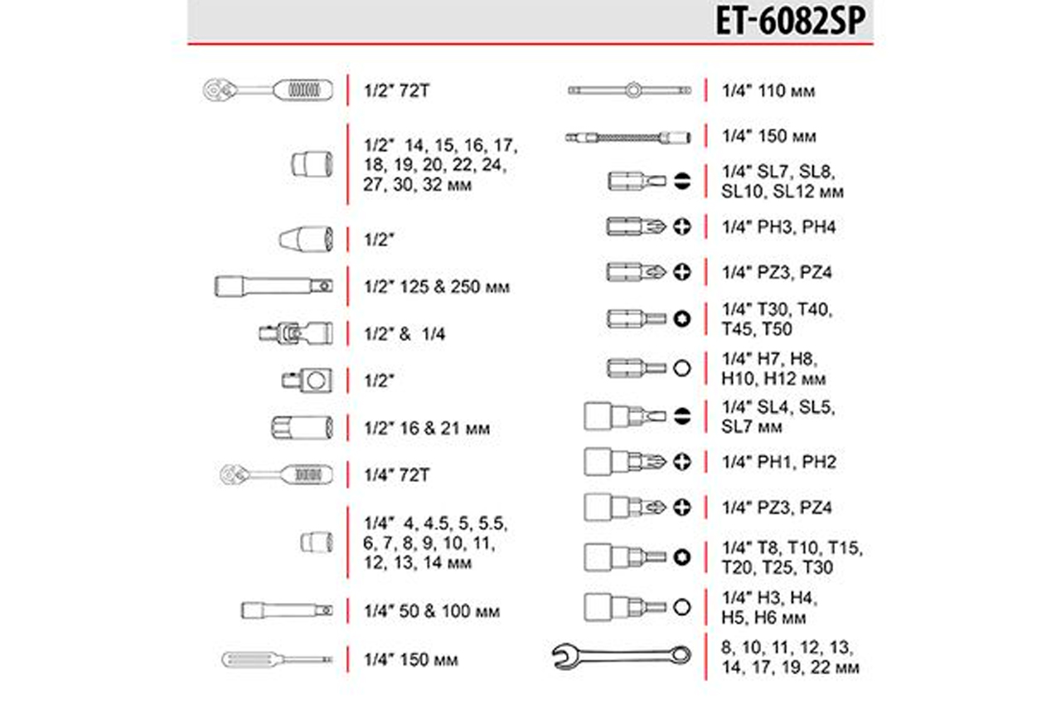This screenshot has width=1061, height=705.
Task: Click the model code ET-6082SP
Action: (791, 21)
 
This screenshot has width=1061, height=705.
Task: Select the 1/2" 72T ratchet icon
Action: (268, 90)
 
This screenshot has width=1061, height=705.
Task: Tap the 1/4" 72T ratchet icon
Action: (276, 474)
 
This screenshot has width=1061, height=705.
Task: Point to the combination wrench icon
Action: (622, 656)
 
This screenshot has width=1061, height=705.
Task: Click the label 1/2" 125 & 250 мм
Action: (437, 287)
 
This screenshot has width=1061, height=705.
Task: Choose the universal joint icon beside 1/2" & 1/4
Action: (296, 333)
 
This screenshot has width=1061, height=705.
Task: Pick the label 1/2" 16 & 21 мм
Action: (427, 428)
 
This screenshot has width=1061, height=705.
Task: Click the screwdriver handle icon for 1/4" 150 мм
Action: (277, 659)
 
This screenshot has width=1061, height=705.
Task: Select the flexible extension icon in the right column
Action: (628, 138)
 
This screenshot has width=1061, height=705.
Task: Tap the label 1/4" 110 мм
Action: (768, 91)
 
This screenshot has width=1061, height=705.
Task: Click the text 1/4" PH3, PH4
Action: (778, 227)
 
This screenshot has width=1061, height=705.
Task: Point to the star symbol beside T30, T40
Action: (682, 318)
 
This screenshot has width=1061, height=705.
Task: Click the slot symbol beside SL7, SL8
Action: (682, 181)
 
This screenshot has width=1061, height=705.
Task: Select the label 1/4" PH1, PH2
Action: (778, 462)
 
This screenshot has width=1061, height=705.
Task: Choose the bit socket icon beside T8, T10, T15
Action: (625, 557)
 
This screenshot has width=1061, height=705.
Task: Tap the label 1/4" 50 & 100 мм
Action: (432, 611)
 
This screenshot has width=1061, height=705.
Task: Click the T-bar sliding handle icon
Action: (630, 90)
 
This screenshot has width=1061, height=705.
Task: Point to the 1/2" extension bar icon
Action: (274, 286)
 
